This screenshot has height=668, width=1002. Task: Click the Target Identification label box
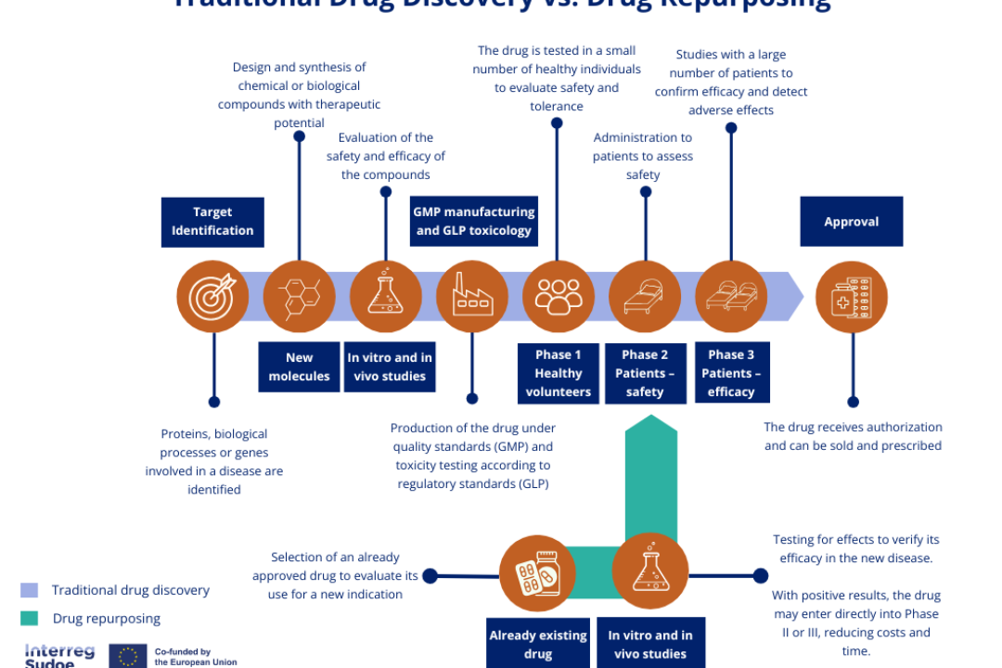212,222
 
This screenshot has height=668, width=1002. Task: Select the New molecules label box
299,366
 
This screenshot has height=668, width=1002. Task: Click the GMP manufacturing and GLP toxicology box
474,222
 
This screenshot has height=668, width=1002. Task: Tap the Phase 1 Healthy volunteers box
559,373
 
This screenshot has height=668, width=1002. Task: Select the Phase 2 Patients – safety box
645,373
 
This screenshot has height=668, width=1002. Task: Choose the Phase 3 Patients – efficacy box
731,373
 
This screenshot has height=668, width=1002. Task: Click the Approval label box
851,222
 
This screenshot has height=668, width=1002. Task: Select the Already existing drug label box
538,644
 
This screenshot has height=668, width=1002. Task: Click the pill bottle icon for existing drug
537,572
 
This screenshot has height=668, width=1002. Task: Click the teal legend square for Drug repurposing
30,618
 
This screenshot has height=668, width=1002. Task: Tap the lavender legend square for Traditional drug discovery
30,590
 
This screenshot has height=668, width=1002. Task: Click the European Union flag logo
128,656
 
